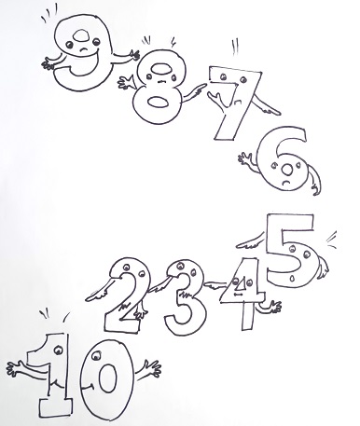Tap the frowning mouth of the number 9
(82, 49)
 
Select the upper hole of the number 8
(160, 69)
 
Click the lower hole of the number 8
(158, 103)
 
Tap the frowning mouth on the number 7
(239, 101)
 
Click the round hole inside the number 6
(287, 170)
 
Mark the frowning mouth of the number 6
(287, 183)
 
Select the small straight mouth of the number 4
(238, 294)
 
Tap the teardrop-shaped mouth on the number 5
(292, 278)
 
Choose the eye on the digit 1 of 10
(58, 350)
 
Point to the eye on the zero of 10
(96, 355)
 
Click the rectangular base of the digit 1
(55, 407)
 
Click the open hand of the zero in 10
(152, 369)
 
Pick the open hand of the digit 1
(17, 369)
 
